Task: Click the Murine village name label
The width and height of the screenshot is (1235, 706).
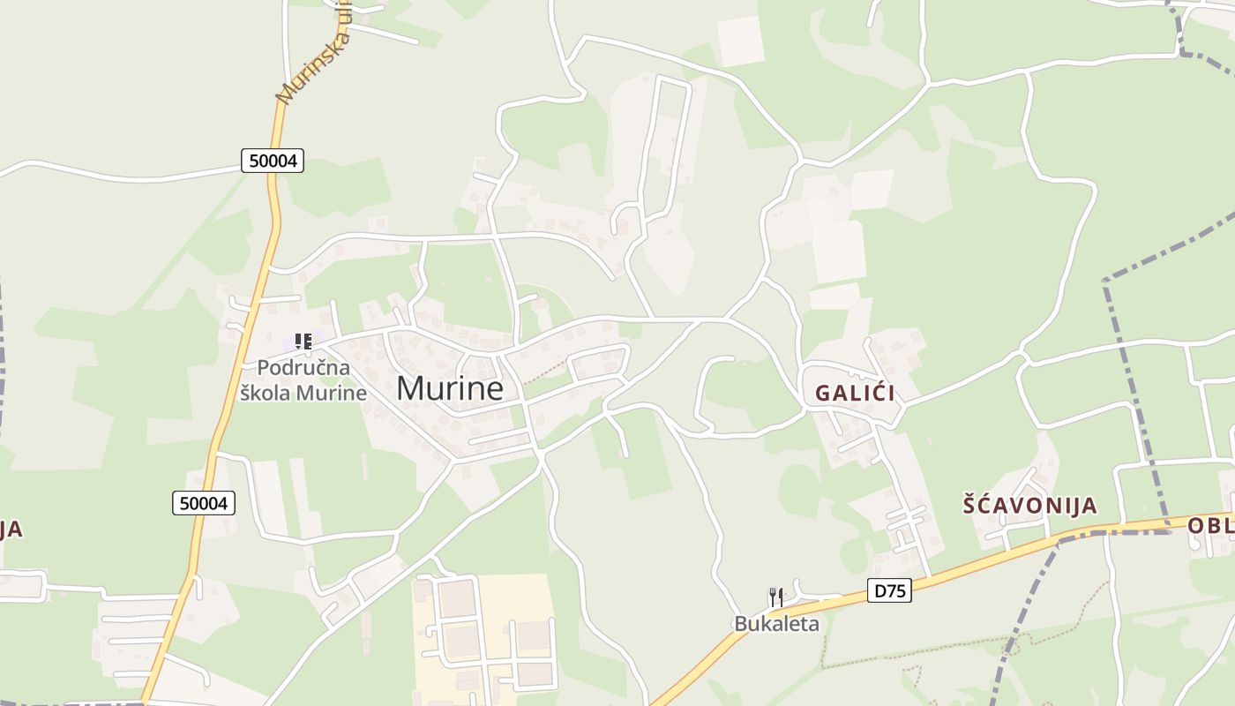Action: click(x=450, y=388)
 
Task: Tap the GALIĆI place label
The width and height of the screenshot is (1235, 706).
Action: click(x=855, y=394)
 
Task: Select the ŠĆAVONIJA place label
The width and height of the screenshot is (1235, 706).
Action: click(x=1029, y=506)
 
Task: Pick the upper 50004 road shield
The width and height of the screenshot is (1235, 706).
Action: click(x=273, y=161)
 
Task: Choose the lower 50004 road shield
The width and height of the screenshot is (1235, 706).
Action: click(x=204, y=503)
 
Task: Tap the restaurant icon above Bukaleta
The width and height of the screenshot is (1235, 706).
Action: click(x=776, y=597)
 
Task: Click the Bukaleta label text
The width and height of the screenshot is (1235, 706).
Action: click(x=776, y=624)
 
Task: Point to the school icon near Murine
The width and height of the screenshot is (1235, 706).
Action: click(x=303, y=342)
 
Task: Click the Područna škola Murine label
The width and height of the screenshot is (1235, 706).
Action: click(x=303, y=380)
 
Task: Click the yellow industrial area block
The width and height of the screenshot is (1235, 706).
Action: click(x=485, y=631)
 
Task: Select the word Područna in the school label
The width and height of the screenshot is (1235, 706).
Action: click(x=303, y=368)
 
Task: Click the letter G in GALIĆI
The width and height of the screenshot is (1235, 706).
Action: click(x=823, y=394)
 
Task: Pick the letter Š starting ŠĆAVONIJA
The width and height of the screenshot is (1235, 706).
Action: click(x=969, y=506)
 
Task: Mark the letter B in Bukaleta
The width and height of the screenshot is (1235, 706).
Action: click(x=740, y=624)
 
